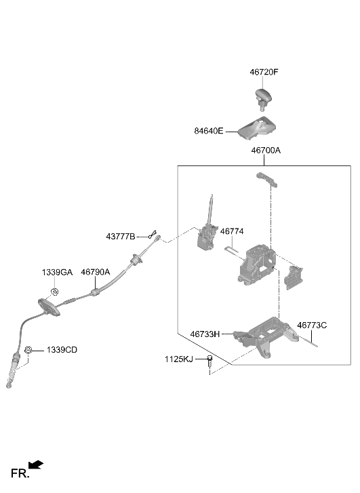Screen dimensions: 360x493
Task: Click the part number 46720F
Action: [264, 72]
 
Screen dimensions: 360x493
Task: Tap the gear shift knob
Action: [263, 98]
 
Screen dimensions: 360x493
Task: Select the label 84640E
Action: [208, 131]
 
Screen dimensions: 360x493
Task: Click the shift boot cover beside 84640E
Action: [257, 127]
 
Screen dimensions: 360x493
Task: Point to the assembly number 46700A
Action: [266, 151]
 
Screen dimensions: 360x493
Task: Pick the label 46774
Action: [232, 231]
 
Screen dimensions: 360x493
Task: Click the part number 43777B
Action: [121, 237]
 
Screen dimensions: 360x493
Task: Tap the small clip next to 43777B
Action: [153, 234]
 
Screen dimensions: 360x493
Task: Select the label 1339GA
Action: [57, 273]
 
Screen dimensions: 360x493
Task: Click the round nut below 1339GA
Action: [55, 292]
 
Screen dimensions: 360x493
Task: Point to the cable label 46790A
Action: [96, 272]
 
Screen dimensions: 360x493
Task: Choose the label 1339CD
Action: [62, 350]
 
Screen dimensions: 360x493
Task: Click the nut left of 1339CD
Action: [28, 350]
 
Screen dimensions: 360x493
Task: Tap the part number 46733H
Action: [205, 334]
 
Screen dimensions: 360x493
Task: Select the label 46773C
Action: [312, 325]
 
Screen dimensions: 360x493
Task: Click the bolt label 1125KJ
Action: [179, 359]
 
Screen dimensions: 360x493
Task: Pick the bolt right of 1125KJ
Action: [209, 361]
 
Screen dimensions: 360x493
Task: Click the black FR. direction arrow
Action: [35, 465]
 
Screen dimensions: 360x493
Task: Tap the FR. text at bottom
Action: [20, 473]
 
